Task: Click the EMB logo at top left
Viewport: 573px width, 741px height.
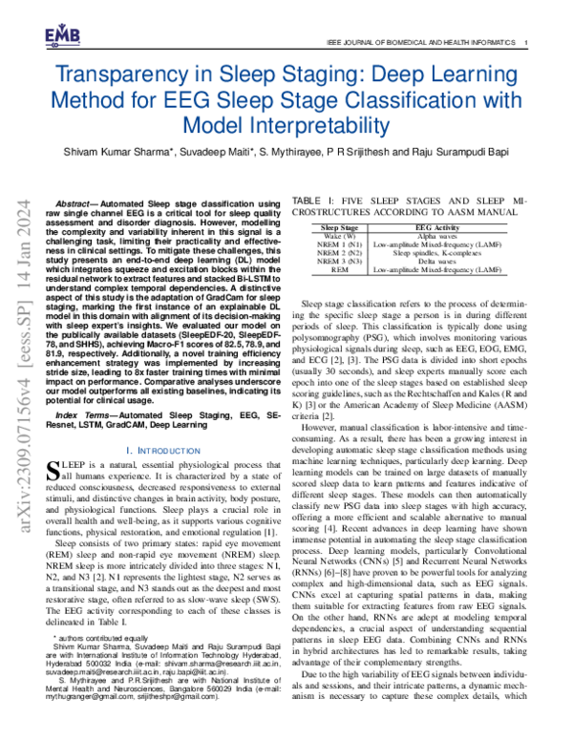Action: coord(62,36)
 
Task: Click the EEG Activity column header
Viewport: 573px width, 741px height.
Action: coord(437,228)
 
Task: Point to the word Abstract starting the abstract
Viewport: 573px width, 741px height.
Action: coord(77,204)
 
